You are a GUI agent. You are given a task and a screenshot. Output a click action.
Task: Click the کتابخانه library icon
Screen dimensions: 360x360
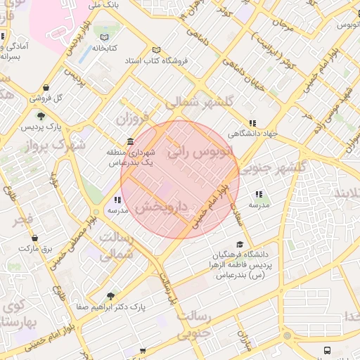tap(105, 37)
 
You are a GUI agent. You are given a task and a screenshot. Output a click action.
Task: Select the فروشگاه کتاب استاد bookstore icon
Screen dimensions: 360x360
tap(156, 50)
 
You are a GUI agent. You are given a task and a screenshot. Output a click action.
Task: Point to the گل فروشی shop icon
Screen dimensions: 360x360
tap(46, 88)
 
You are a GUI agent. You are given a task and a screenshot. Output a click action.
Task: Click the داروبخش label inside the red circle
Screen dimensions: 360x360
tap(162, 208)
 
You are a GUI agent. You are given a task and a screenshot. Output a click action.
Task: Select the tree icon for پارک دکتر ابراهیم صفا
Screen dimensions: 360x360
tap(110, 296)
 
